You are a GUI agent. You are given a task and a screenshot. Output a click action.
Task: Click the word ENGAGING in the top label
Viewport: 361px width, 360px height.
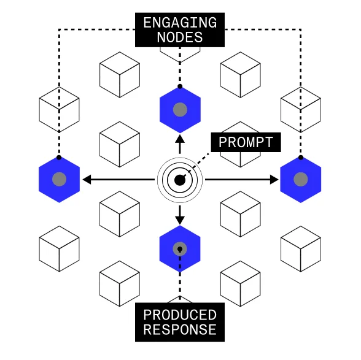click(179, 23)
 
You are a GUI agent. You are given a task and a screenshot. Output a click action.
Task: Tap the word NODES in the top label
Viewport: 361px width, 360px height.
click(179, 37)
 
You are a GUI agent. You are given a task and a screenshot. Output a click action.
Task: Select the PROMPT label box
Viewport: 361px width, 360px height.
click(246, 142)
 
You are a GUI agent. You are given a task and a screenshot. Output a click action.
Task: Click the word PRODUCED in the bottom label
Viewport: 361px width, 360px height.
click(179, 315)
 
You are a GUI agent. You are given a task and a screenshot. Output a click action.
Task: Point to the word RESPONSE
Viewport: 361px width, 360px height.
click(179, 330)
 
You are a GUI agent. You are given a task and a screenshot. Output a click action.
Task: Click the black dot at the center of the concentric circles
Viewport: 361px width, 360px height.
click(179, 180)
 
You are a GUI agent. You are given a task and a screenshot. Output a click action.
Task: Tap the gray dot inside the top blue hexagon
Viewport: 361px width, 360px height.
click(180, 110)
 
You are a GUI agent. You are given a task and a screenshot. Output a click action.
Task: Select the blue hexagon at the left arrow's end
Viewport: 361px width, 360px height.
click(59, 180)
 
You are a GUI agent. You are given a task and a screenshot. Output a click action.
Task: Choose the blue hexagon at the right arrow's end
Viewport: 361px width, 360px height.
click(301, 180)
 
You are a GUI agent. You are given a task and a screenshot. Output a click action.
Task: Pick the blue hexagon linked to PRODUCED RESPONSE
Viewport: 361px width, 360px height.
click(180, 249)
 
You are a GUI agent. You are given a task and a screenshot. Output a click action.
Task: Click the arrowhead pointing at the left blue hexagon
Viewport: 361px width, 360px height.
click(87, 180)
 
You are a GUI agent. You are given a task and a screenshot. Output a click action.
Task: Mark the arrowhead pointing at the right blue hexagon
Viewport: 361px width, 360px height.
click(273, 180)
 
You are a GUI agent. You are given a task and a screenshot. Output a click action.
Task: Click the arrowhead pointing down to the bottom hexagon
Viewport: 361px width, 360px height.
click(180, 219)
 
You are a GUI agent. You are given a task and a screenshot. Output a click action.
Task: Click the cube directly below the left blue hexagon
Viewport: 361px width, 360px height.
click(59, 249)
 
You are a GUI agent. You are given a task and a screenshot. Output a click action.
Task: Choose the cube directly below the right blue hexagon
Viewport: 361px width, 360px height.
click(301, 249)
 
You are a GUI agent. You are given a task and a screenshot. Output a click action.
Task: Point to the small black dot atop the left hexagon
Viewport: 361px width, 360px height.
click(59, 158)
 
